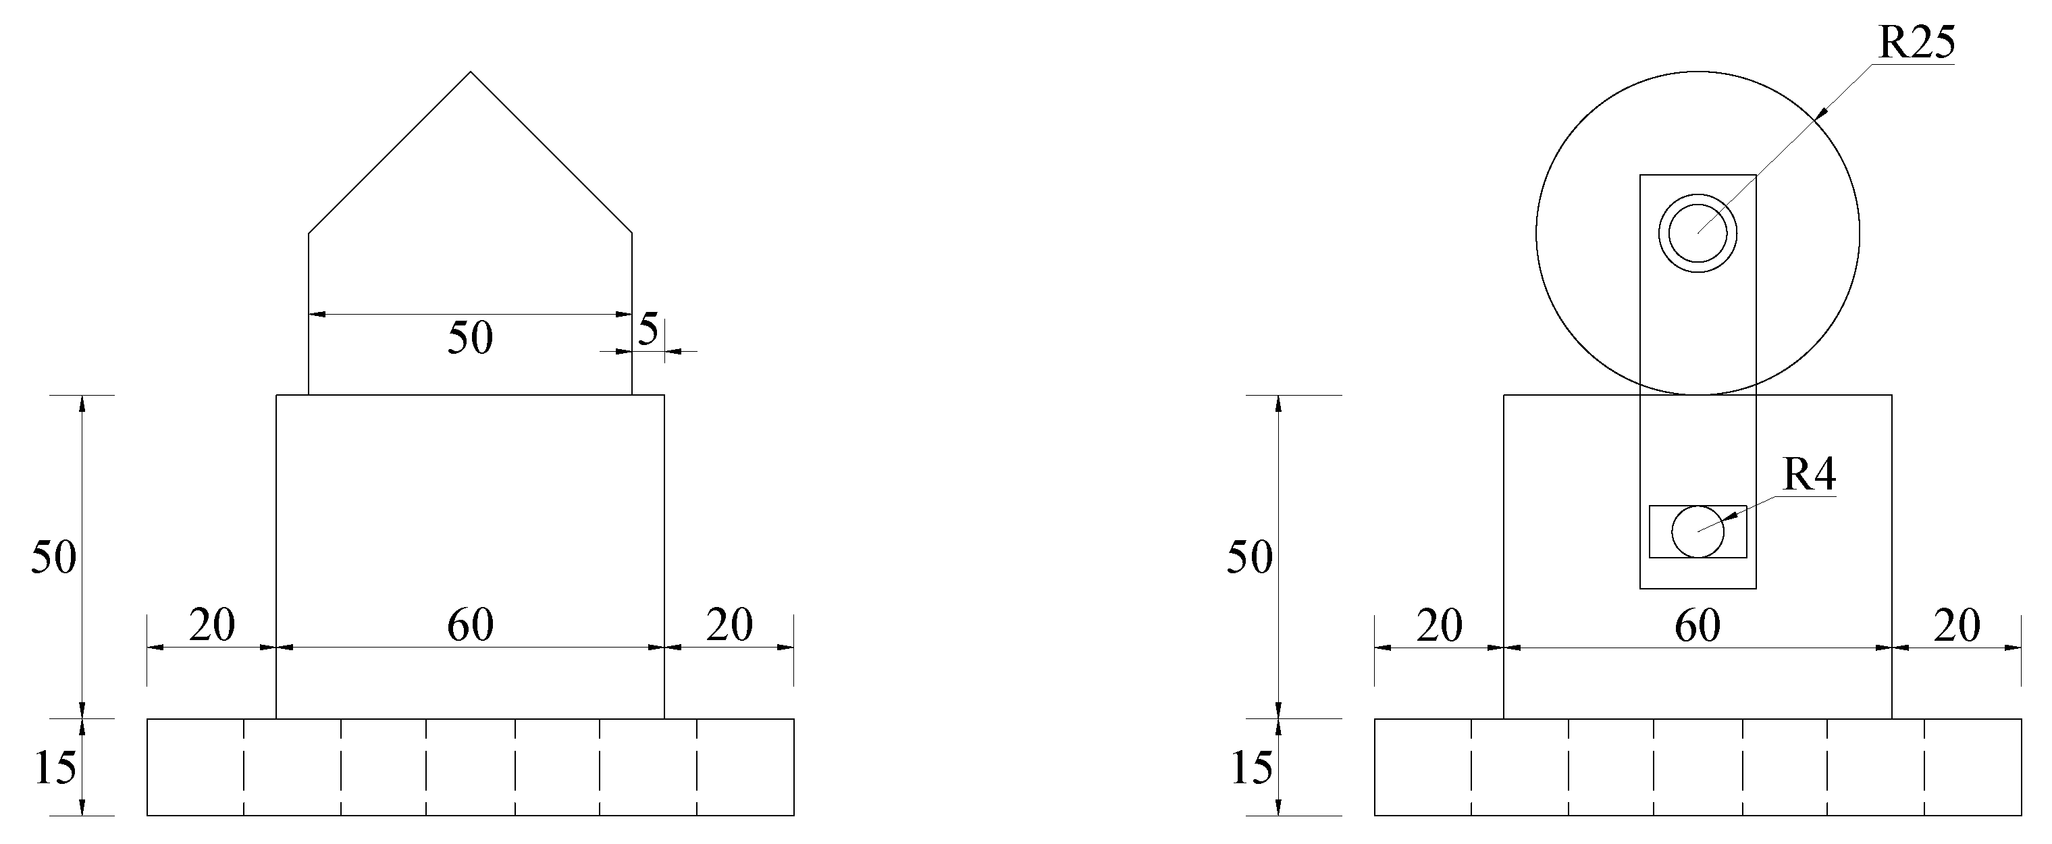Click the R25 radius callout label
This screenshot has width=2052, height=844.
click(x=1916, y=44)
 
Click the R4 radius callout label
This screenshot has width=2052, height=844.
click(x=1809, y=475)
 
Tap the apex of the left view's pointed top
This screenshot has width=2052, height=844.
click(x=471, y=72)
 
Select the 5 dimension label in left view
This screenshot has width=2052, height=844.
click(x=648, y=329)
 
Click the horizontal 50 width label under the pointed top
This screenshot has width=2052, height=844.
click(x=471, y=338)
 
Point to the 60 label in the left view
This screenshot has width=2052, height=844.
click(x=471, y=625)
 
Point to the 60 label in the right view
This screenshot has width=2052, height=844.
click(x=1698, y=627)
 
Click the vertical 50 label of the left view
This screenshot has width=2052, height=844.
click(x=54, y=556)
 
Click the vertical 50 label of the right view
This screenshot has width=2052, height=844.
click(x=1250, y=556)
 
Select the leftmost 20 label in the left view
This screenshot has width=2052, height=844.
click(x=212, y=625)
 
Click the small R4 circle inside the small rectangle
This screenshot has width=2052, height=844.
click(x=1698, y=531)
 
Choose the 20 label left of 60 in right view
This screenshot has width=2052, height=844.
click(x=1440, y=627)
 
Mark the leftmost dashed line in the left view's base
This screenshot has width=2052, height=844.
click(x=244, y=768)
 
